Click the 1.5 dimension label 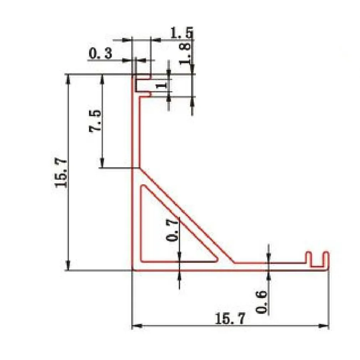coord(182,33)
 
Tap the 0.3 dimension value coord(101,53)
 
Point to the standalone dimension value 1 coord(161,86)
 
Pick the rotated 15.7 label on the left coord(62,173)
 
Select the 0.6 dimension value coord(262,302)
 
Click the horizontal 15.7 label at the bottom coord(230,319)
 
